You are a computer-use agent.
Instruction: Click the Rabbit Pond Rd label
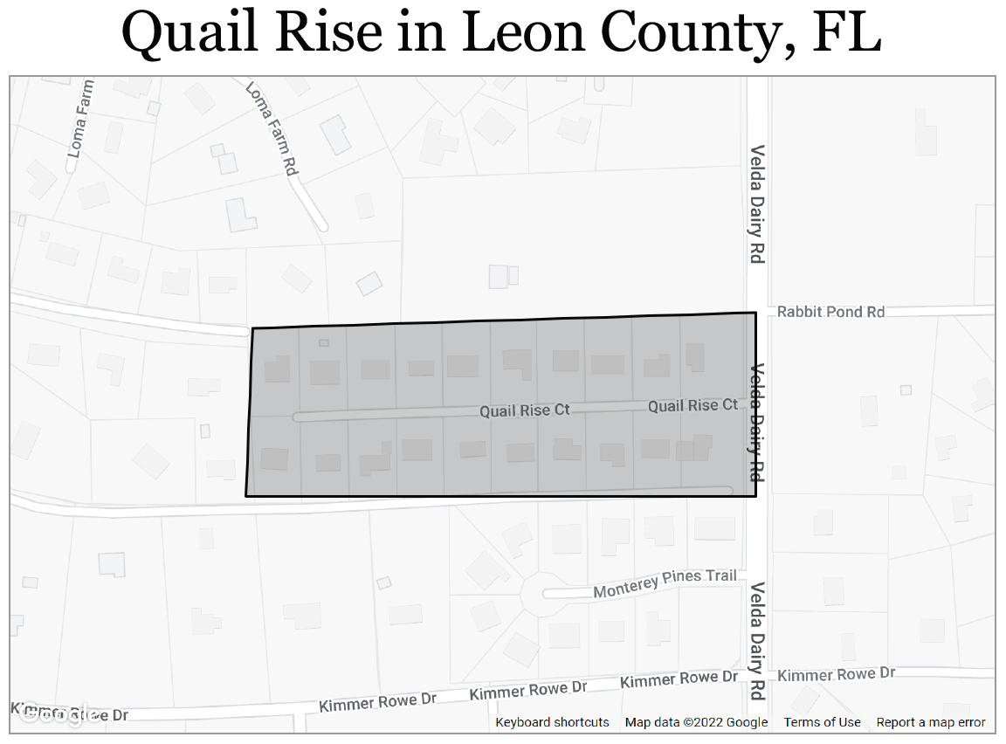tap(830, 312)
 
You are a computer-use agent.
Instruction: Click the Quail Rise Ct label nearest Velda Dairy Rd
tap(692, 405)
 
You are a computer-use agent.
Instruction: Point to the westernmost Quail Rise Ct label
tap(524, 410)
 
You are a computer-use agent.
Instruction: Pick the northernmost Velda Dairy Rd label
tap(756, 203)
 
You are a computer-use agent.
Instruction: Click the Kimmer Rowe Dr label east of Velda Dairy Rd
tap(836, 674)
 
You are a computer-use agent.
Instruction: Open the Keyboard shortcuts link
tap(552, 722)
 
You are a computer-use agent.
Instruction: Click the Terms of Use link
tap(822, 722)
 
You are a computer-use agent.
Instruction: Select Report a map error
tap(931, 722)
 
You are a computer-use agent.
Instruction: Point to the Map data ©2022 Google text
tap(696, 722)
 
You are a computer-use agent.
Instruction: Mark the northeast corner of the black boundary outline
tap(755, 313)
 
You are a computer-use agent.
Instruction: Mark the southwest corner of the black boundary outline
tap(246, 496)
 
